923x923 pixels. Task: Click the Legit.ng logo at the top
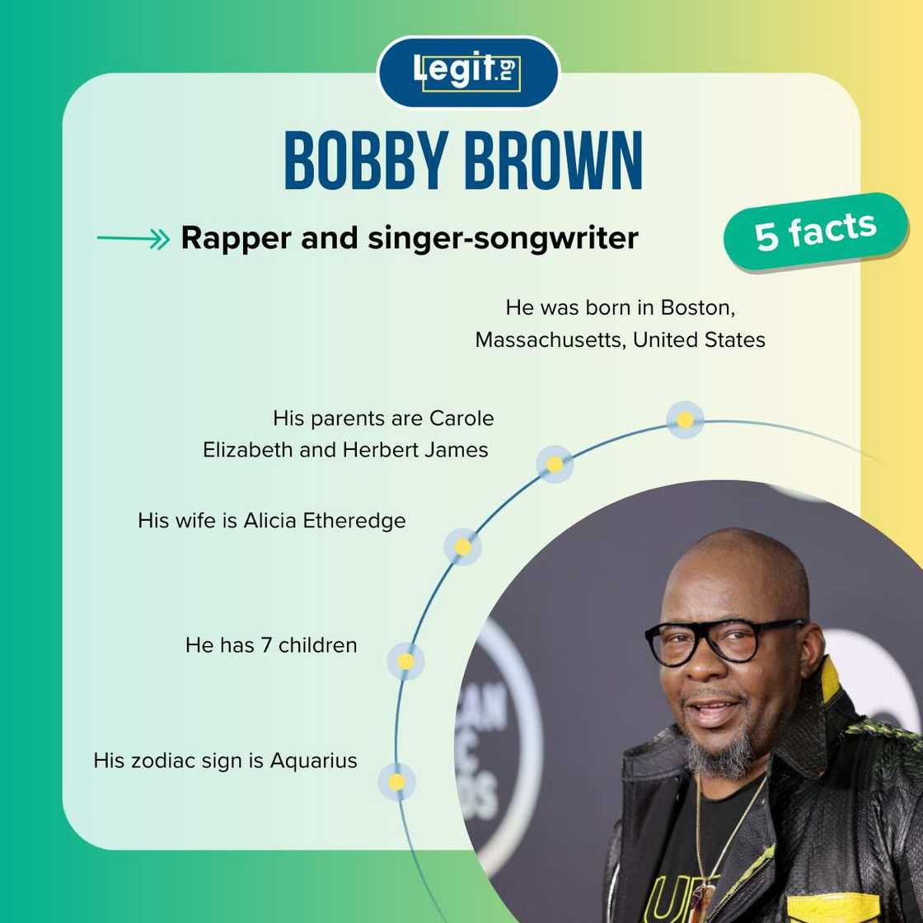click(x=467, y=72)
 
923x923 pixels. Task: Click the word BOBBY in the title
click(x=368, y=161)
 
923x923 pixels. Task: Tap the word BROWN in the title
click(x=554, y=161)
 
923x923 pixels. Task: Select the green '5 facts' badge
click(x=815, y=232)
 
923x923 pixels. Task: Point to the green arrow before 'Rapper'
click(x=133, y=239)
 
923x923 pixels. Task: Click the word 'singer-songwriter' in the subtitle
click(x=504, y=238)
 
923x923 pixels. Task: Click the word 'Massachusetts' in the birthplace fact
click(x=549, y=340)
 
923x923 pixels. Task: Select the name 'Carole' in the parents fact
click(x=461, y=418)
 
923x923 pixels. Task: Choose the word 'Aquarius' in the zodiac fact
click(x=314, y=760)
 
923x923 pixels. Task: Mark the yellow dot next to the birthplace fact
click(x=685, y=419)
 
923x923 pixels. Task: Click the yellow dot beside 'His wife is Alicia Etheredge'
click(x=463, y=547)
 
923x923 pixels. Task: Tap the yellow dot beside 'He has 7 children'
click(x=406, y=661)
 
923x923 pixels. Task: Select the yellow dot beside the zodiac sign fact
click(x=396, y=782)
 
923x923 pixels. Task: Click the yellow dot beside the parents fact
click(x=555, y=465)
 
